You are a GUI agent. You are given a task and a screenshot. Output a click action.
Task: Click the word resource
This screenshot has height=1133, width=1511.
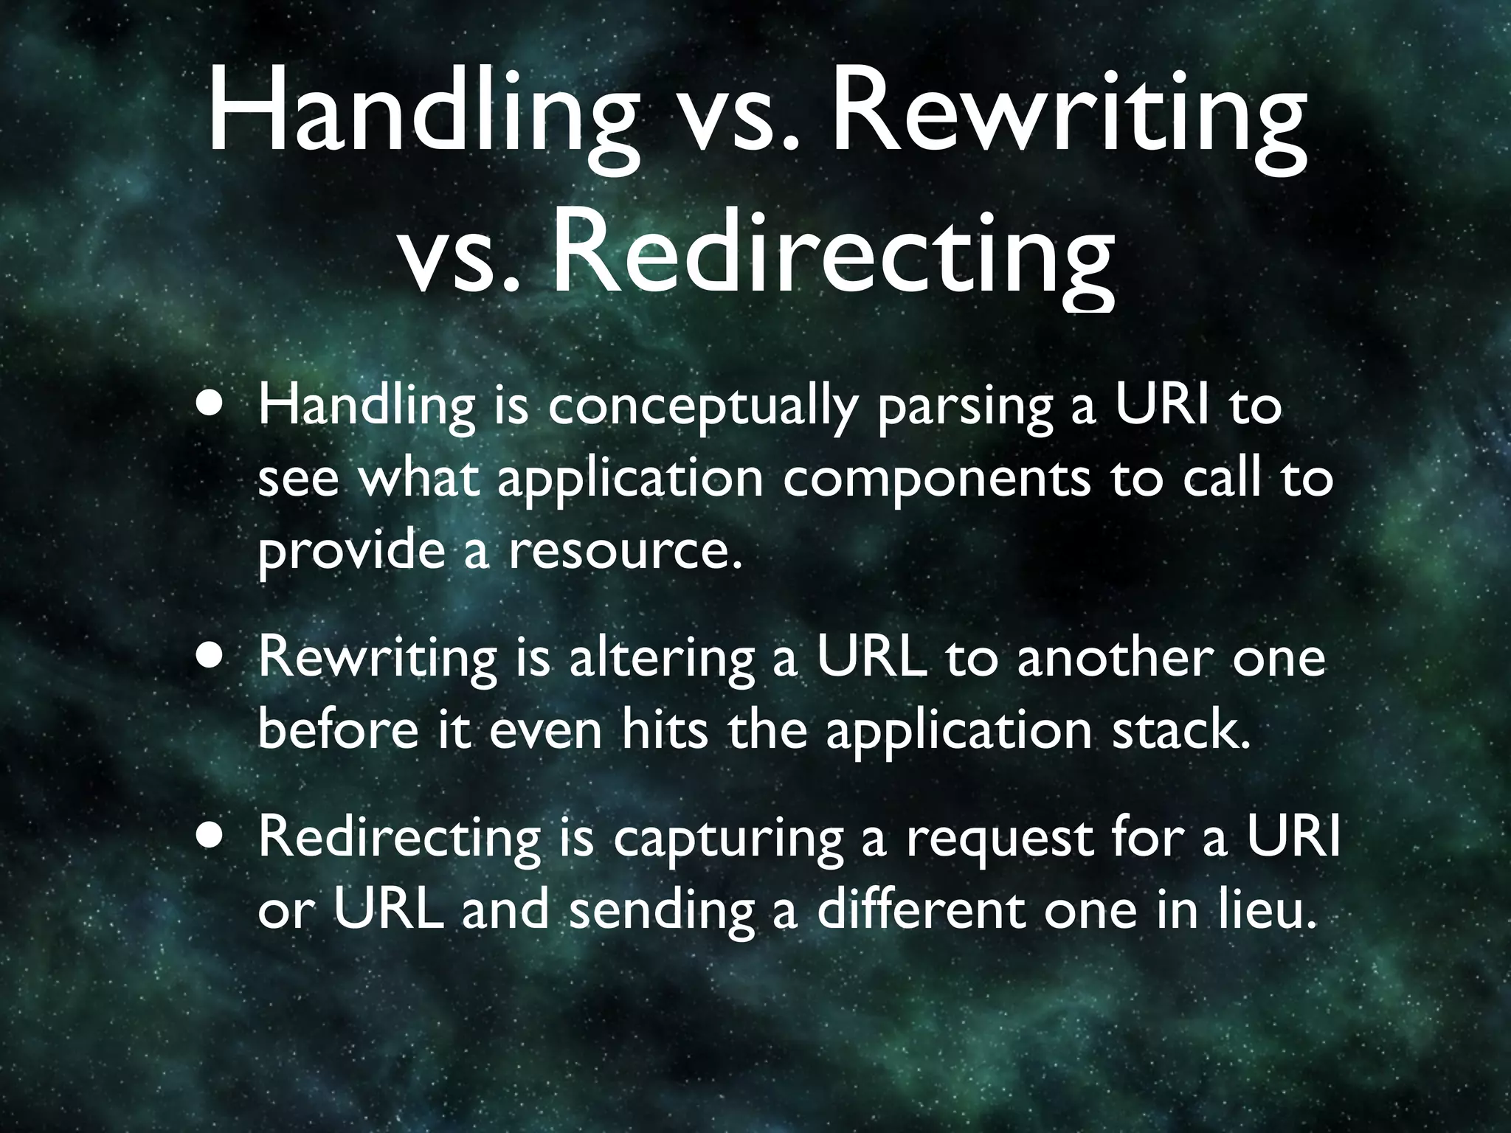point(623,552)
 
